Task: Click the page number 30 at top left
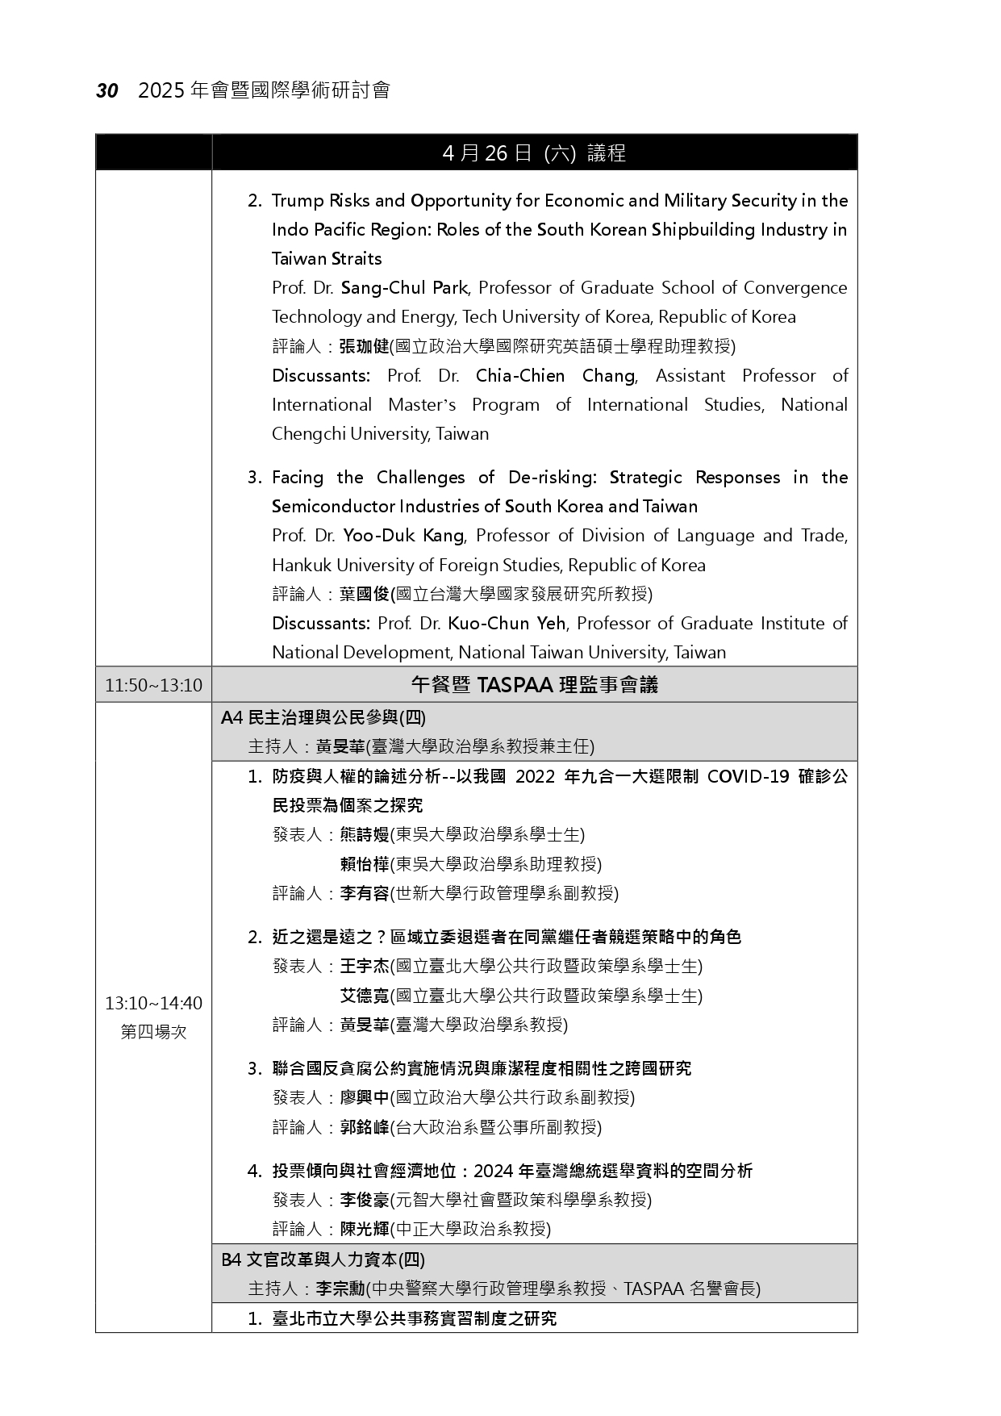pyautogui.click(x=107, y=91)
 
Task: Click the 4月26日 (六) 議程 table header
pyautogui.click(x=534, y=153)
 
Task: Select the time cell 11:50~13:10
pyautogui.click(x=153, y=686)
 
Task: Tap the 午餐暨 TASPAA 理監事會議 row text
pyautogui.click(x=534, y=686)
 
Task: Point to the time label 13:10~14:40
pyautogui.click(x=153, y=1003)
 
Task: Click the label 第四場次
pyautogui.click(x=153, y=1032)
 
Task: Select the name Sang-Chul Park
pyautogui.click(x=404, y=288)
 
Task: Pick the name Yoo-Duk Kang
pyautogui.click(x=403, y=536)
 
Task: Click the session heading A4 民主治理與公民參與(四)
pyautogui.click(x=323, y=717)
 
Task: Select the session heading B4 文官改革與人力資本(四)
pyautogui.click(x=323, y=1259)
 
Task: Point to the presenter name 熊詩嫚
pyautogui.click(x=365, y=835)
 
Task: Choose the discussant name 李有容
pyautogui.click(x=365, y=894)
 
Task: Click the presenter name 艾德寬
pyautogui.click(x=365, y=996)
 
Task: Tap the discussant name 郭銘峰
pyautogui.click(x=365, y=1128)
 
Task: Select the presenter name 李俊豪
pyautogui.click(x=365, y=1201)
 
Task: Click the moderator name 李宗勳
pyautogui.click(x=340, y=1289)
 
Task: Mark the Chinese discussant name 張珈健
pyautogui.click(x=364, y=347)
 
